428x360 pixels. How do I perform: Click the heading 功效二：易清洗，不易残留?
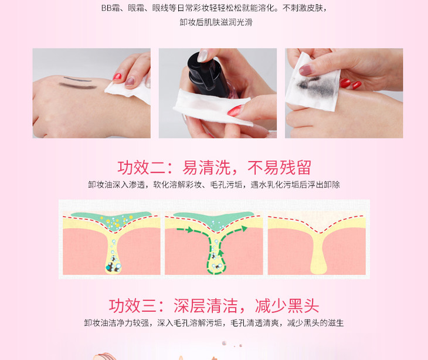tap(214, 168)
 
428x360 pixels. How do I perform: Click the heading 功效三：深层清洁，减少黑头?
tap(214, 305)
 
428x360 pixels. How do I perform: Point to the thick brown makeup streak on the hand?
tap(78, 86)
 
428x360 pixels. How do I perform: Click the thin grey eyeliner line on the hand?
tap(77, 79)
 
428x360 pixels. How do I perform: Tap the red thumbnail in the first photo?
tap(117, 76)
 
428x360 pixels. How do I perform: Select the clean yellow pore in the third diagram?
tap(318, 253)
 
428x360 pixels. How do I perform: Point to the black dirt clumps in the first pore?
tap(113, 266)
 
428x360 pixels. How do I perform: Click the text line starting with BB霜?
tap(214, 8)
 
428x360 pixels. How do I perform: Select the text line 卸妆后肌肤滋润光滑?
tap(216, 22)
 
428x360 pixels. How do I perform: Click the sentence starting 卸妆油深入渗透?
tap(214, 185)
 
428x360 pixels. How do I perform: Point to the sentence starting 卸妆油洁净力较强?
tap(214, 323)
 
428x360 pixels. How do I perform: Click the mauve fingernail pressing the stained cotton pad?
tap(305, 70)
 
